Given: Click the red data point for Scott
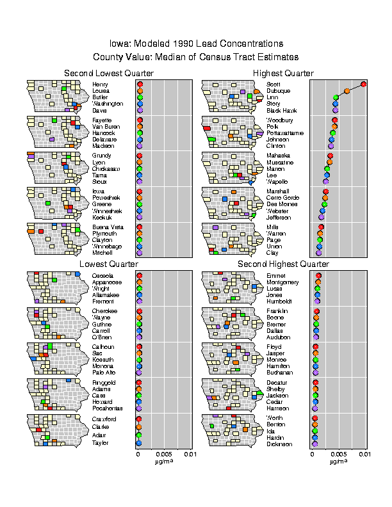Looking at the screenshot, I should click(x=363, y=84).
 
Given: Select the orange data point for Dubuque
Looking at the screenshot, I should click(x=347, y=92).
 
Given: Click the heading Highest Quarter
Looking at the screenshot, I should click(x=283, y=74).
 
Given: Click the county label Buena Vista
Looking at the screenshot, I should click(x=105, y=227).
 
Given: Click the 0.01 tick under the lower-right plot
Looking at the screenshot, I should click(x=364, y=454).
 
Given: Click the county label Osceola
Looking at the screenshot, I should click(x=102, y=275).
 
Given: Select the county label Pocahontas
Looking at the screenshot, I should click(x=106, y=407).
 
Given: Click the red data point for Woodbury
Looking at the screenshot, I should click(x=334, y=120).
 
